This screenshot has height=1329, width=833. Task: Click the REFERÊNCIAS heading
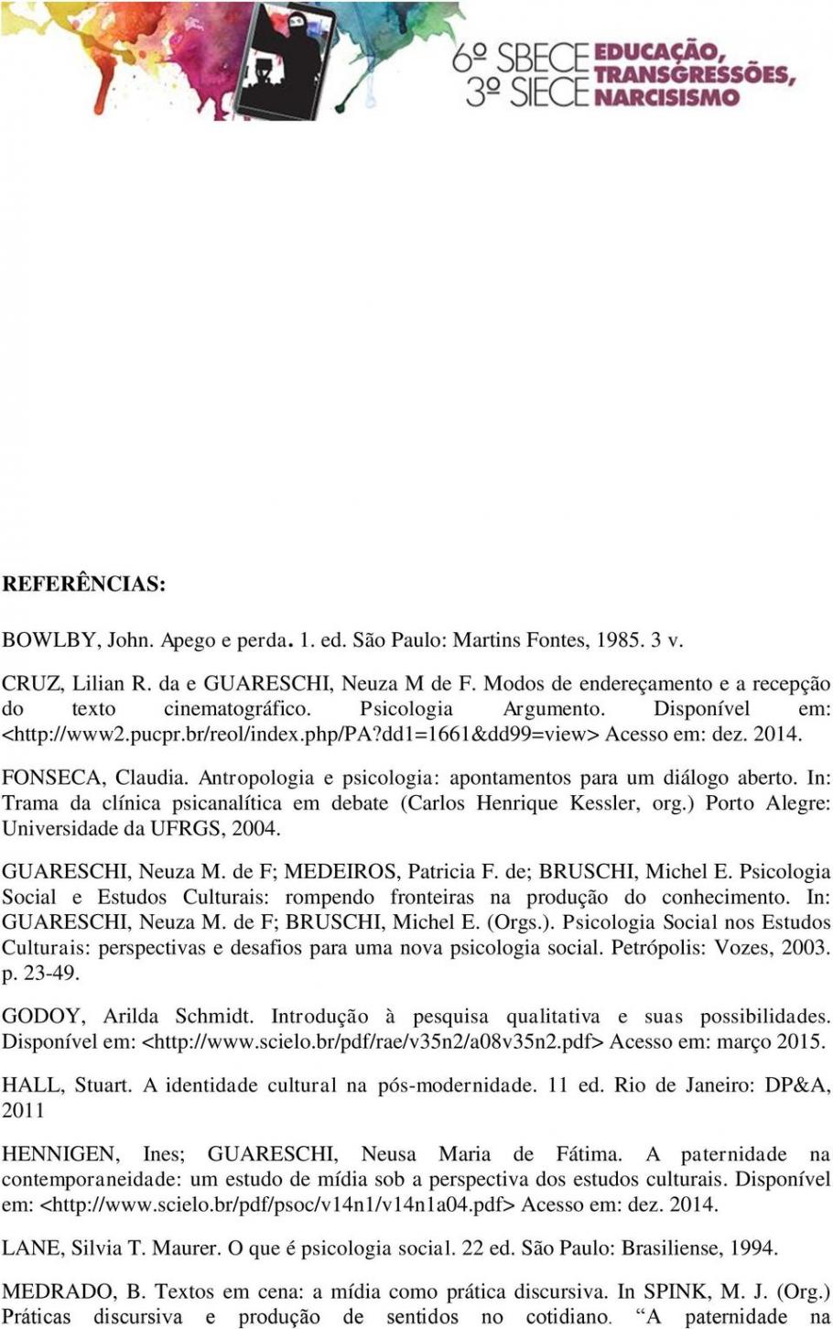tap(83, 584)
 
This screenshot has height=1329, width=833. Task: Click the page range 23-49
tap(50, 973)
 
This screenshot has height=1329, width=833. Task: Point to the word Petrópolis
tap(653, 947)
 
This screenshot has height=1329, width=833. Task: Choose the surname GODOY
tap(42, 1016)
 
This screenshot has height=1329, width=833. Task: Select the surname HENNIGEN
tap(60, 1154)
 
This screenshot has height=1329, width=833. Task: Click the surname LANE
tap(30, 1247)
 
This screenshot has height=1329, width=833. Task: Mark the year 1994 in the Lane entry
tap(755, 1247)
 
